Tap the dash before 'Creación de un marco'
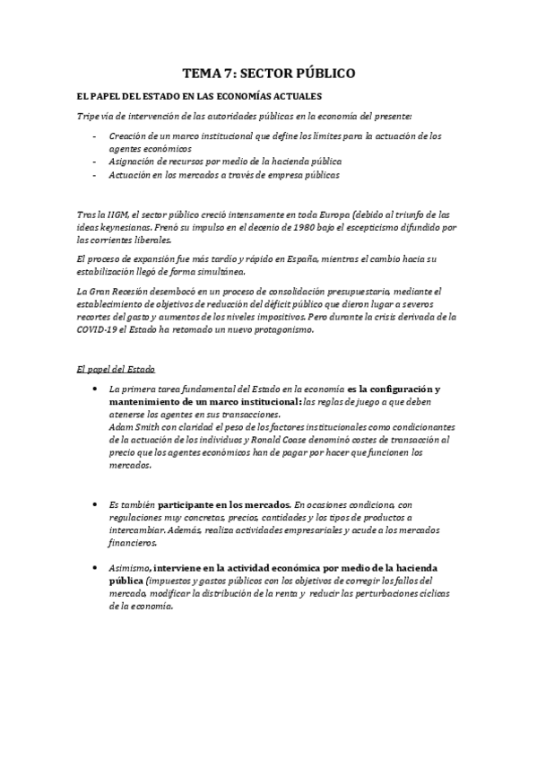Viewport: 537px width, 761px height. (x=95, y=136)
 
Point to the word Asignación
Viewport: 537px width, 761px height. (x=128, y=162)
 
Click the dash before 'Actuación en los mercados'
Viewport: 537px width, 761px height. (x=95, y=175)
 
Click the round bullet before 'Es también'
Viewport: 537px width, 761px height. (x=95, y=505)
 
